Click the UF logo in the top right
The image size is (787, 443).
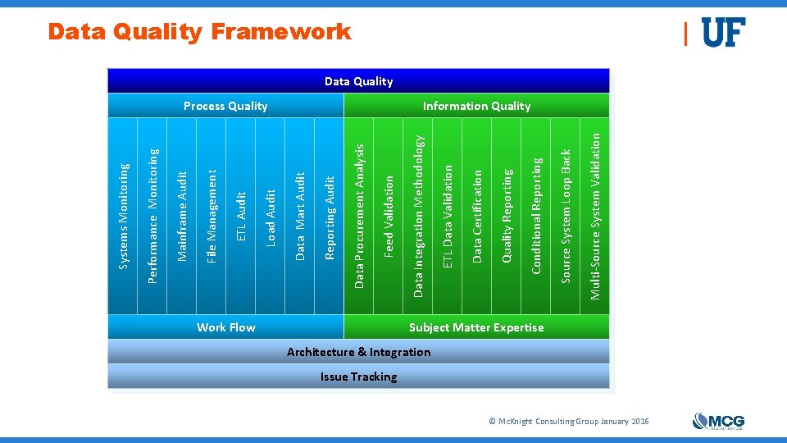723,33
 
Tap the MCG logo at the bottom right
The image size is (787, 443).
718,421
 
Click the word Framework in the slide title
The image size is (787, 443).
280,32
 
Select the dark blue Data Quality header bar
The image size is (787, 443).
358,81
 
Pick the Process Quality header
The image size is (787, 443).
225,106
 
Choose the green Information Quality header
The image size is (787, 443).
476,106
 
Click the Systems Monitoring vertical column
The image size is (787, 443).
124,216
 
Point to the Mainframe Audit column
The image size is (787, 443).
183,216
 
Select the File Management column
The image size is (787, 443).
212,216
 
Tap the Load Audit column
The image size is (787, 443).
271,216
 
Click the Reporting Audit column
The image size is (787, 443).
330,216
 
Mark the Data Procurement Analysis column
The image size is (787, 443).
359,216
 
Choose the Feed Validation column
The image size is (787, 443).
389,216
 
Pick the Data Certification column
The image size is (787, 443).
477,216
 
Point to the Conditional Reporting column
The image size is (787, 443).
536,216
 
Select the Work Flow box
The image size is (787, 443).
225,327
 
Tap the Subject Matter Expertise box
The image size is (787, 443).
476,327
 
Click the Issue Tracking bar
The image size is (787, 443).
358,377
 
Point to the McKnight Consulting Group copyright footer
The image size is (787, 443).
568,421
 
